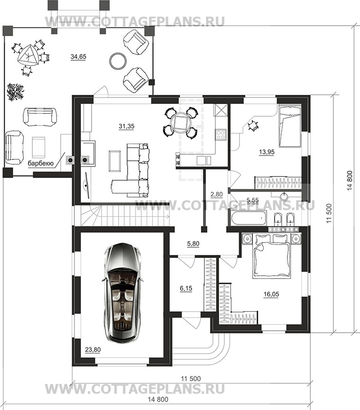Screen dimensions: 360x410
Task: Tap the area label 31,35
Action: point(127,126)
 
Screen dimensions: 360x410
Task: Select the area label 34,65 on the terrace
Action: point(78,56)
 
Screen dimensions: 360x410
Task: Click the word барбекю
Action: point(41,164)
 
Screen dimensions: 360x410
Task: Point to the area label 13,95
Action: point(267,152)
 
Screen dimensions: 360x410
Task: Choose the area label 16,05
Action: point(271,294)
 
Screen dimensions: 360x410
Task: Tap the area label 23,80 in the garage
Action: point(93,349)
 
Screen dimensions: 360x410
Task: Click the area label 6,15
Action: point(186,289)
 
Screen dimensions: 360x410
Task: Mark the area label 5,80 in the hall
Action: point(193,244)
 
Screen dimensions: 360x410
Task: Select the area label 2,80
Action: point(216,194)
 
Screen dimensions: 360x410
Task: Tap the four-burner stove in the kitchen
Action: point(221,134)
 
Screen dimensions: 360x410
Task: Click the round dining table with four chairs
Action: point(180,122)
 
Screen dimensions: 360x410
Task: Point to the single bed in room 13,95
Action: point(290,126)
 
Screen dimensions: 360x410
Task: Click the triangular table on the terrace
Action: point(28,55)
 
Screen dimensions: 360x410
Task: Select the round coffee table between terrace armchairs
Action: point(117,61)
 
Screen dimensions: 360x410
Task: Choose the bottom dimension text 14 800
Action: point(158,400)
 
